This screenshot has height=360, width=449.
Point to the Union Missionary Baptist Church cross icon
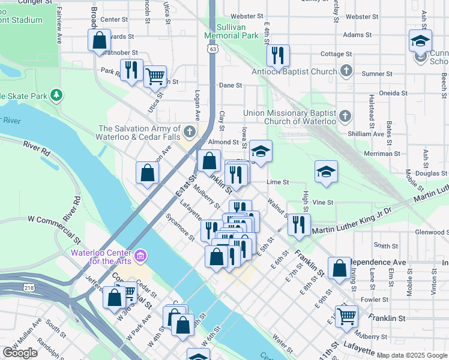(x=345, y=115)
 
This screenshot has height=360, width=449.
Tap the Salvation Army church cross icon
(x=190, y=131)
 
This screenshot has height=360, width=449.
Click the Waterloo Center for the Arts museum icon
(x=140, y=257)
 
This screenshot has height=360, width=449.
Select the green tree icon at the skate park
(x=56, y=95)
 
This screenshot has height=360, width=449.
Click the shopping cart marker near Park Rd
(x=155, y=76)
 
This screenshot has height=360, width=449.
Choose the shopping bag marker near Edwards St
(x=100, y=40)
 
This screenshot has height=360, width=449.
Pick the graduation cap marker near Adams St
(x=420, y=40)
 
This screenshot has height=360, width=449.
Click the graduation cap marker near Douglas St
(x=326, y=172)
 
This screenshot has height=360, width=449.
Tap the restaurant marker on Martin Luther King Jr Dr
(x=298, y=224)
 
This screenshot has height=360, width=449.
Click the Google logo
(x=20, y=353)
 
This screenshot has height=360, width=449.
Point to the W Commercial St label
(x=54, y=221)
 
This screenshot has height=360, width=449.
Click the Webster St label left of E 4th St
(x=247, y=16)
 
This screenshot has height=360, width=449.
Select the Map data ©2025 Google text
(x=412, y=355)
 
